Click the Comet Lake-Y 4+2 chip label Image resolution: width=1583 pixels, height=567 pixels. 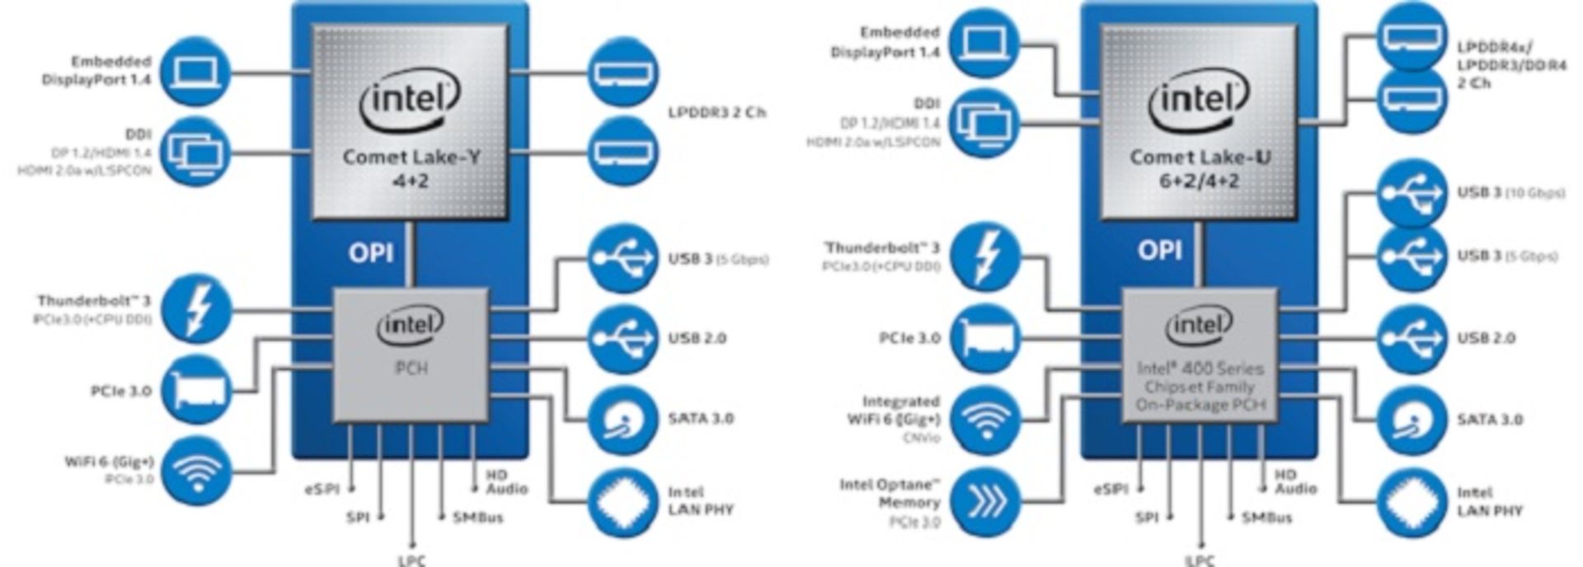[x=410, y=167]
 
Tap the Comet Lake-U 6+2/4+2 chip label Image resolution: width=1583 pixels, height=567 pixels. [x=1199, y=168]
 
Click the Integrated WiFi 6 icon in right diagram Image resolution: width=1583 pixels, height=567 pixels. [x=984, y=419]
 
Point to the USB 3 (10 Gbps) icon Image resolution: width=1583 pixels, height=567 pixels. [x=1412, y=194]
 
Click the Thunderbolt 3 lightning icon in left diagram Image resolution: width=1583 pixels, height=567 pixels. [x=196, y=309]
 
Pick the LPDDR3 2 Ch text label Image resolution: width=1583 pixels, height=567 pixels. [x=716, y=112]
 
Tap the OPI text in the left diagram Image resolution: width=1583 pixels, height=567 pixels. [x=370, y=253]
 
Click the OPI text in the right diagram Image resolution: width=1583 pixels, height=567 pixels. [x=1159, y=250]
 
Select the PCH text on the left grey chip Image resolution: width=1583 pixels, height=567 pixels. [x=411, y=368]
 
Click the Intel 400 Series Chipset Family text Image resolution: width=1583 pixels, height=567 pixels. [x=1199, y=386]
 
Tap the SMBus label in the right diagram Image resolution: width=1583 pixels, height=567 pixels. [x=1266, y=518]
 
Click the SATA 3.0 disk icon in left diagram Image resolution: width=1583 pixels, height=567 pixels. [x=623, y=419]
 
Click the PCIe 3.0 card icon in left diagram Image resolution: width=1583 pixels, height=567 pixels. [x=196, y=391]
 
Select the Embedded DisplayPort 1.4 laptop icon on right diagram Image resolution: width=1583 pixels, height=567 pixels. [x=984, y=42]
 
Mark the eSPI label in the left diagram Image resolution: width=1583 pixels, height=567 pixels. [x=322, y=490]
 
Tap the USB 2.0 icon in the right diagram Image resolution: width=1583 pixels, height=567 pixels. [x=1412, y=339]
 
